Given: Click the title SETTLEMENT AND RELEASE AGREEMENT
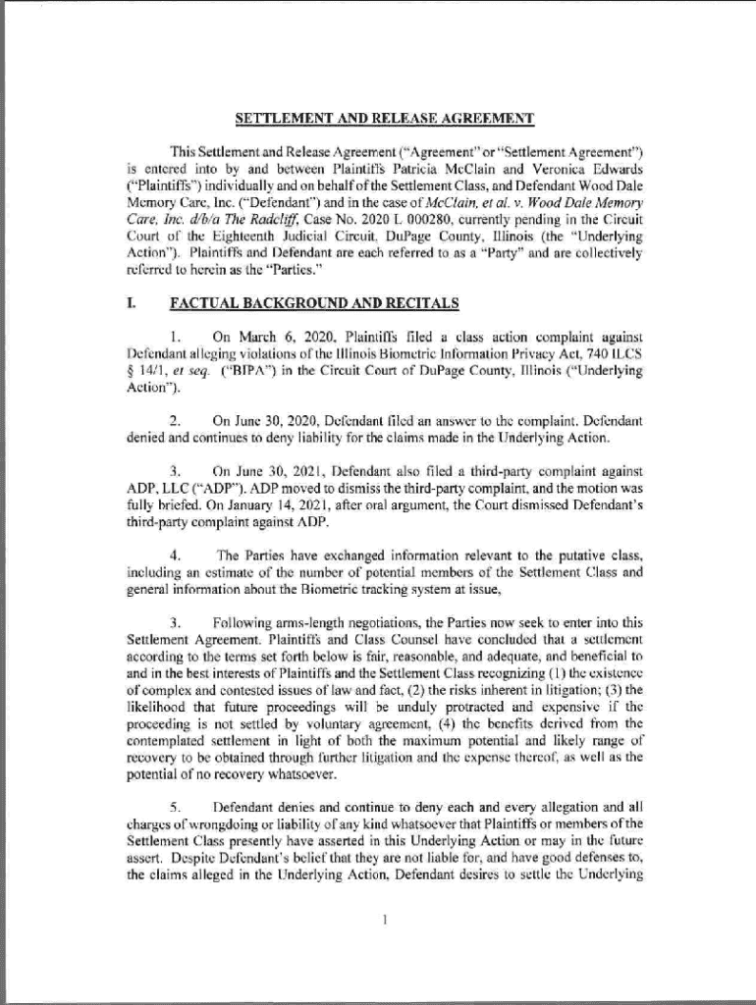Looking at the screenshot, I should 384,120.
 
